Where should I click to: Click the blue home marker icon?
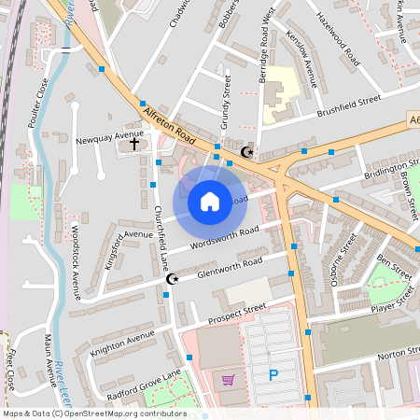[210, 201]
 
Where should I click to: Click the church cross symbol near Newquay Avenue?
[133, 145]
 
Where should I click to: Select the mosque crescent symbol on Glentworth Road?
[171, 279]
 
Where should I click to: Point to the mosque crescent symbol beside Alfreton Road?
[247, 152]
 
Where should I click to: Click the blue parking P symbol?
[273, 376]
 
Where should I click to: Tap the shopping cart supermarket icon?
[228, 379]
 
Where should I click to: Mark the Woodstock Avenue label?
[76, 256]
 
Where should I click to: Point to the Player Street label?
[391, 301]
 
